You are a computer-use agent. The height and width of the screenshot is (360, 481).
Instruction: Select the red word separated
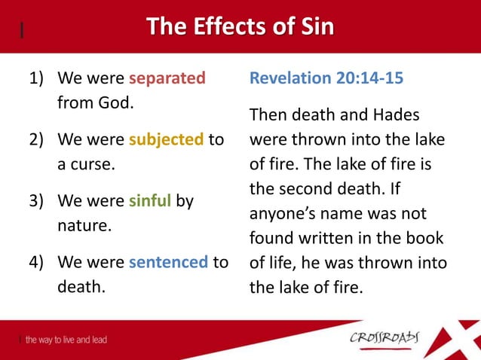[x=167, y=78]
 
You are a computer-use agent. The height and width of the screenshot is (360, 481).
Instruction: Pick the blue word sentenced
[x=168, y=263]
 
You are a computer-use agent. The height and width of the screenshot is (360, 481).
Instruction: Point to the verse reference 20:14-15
[x=370, y=78]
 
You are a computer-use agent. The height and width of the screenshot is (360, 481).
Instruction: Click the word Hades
[x=397, y=115]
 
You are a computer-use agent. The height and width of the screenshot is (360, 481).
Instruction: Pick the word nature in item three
[x=80, y=226]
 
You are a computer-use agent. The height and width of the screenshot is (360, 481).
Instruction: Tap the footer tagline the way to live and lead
[x=66, y=340]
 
